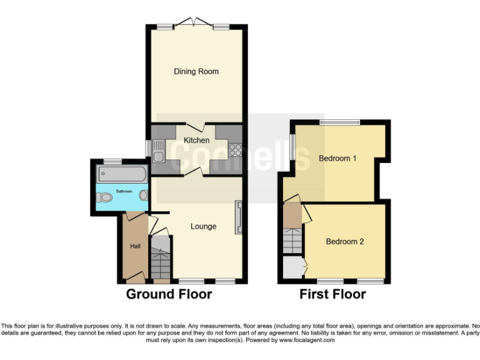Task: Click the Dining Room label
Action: point(196,71)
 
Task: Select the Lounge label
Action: point(204,226)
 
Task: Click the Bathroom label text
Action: point(124,191)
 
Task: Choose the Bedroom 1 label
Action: point(337,158)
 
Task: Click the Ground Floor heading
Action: point(169,294)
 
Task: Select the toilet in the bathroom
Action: point(105,197)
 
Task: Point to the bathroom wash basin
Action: point(144,195)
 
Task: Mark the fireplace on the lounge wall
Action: point(237,217)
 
